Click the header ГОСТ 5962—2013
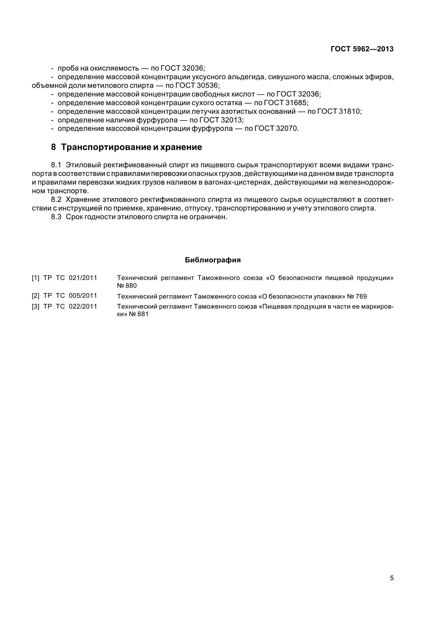coord(362,49)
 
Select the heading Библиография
coord(213,260)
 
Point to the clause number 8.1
coord(56,165)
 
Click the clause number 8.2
coord(56,200)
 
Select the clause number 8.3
coord(56,217)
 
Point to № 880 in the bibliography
coord(127,286)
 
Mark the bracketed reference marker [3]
coord(35,306)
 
